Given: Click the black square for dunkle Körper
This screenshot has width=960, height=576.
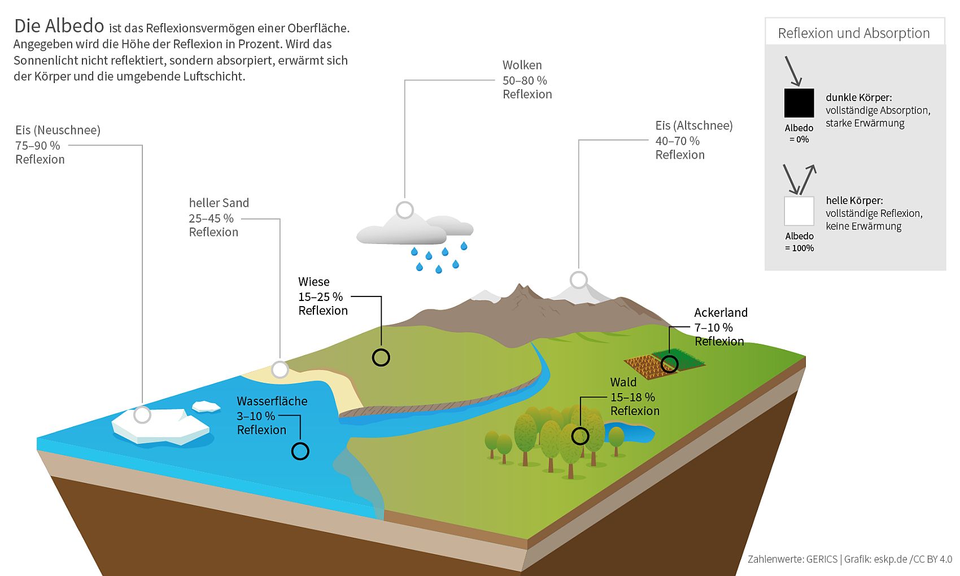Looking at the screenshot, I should pyautogui.click(x=799, y=103).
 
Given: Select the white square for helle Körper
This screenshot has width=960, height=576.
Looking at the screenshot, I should pyautogui.click(x=799, y=211).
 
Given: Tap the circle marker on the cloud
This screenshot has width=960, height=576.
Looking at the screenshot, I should pyautogui.click(x=405, y=210).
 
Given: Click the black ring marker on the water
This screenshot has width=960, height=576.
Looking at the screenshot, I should pyautogui.click(x=300, y=451).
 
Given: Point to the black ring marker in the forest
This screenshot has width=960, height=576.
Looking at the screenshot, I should pyautogui.click(x=580, y=436).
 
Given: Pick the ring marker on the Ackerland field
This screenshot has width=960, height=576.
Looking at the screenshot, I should pyautogui.click(x=669, y=364).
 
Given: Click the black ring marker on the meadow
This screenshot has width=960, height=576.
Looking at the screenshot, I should pyautogui.click(x=381, y=357).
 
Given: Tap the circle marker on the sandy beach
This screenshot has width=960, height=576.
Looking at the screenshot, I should pyautogui.click(x=280, y=370).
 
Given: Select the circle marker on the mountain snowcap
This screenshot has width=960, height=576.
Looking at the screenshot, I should pyautogui.click(x=579, y=280).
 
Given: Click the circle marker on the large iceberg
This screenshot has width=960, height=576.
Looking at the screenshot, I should pyautogui.click(x=142, y=415).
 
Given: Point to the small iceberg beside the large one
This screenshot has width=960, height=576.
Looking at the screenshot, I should pyautogui.click(x=206, y=407).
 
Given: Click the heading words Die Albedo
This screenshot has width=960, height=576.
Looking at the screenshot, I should pyautogui.click(x=59, y=26).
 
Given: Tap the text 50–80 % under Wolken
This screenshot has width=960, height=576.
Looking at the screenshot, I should pyautogui.click(x=525, y=80).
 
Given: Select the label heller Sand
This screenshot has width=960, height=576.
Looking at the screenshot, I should pyautogui.click(x=219, y=203).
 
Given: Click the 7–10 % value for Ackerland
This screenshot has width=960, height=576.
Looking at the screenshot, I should pyautogui.click(x=713, y=328).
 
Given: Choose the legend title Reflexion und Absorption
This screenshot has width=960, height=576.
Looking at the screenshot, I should pyautogui.click(x=853, y=33).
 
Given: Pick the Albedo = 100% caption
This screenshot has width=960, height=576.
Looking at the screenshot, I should pyautogui.click(x=799, y=242).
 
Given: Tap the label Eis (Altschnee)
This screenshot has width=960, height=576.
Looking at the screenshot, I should pyautogui.click(x=693, y=125).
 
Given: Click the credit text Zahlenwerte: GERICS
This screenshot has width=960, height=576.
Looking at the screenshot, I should pyautogui.click(x=792, y=559).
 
